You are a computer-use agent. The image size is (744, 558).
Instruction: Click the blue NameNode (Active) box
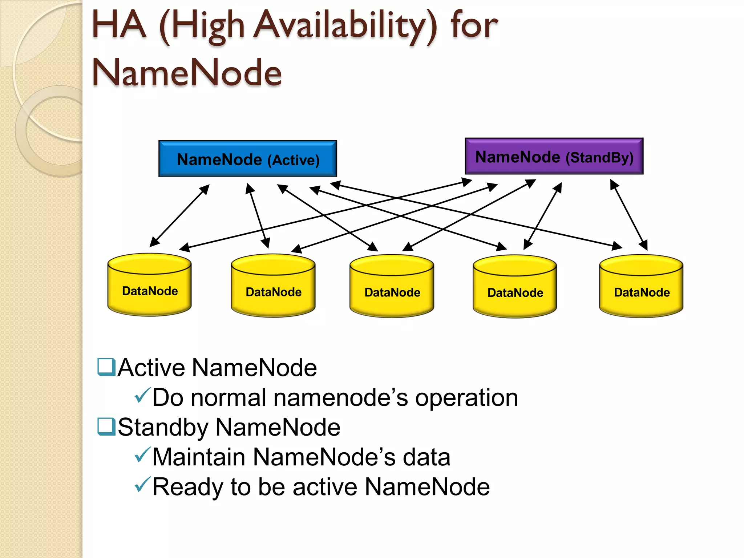click(x=248, y=159)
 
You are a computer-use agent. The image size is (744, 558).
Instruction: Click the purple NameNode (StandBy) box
click(x=554, y=156)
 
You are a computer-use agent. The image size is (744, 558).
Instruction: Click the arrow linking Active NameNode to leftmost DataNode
click(x=179, y=216)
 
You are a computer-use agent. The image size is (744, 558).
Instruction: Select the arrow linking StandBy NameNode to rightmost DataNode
click(x=629, y=215)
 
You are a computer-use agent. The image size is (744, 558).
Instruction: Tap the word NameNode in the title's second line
click(x=187, y=73)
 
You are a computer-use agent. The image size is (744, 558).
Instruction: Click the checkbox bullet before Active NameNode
click(x=106, y=367)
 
